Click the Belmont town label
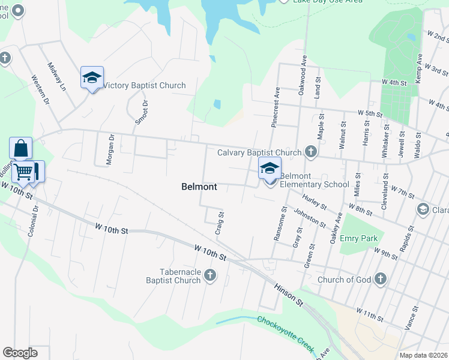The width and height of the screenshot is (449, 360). point(199,187)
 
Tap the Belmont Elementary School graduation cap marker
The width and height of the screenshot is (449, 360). point(270,169)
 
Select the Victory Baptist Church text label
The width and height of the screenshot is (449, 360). point(145,86)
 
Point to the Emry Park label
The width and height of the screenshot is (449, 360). point(358,238)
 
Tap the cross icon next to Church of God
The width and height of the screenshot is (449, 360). point(380,278)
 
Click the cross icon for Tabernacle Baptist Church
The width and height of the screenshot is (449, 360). point(209,275)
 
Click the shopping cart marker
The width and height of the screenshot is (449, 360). point(23,172)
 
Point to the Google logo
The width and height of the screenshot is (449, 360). point(20,353)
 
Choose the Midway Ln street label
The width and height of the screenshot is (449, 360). point(57,77)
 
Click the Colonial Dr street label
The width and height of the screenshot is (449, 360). point(32,221)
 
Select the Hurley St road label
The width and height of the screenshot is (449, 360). point(315,202)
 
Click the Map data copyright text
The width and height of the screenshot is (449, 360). point(423,355)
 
